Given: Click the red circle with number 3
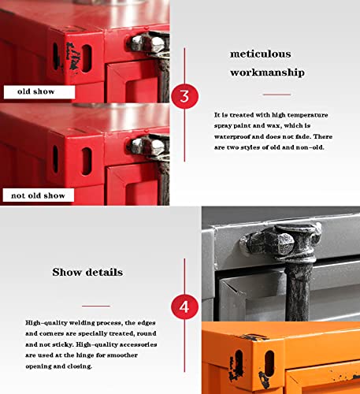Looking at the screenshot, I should [184, 97].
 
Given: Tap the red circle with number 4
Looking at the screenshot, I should [184, 304].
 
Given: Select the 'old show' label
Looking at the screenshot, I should [33, 91].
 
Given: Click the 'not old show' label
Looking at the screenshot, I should [38, 195].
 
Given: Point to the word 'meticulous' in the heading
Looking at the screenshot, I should [260, 54].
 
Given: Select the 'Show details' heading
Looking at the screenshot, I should [87, 272].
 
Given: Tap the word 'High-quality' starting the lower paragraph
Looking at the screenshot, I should [46, 323].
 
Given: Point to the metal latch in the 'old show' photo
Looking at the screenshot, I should [148, 42].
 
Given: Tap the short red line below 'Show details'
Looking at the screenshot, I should [96, 305].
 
